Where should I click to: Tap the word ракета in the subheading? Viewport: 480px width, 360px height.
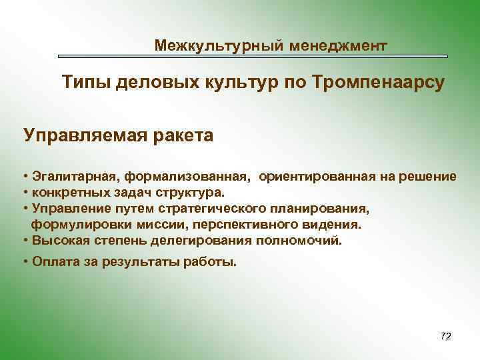184,136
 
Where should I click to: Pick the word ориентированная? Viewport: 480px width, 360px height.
307,177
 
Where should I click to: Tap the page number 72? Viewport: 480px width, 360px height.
446,335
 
